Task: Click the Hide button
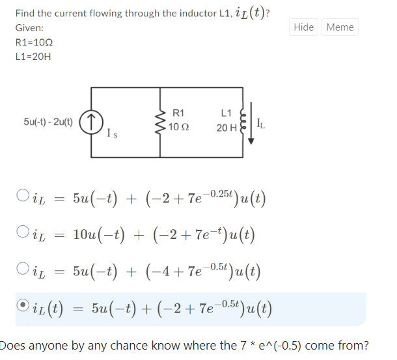click(303, 27)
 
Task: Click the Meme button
click(340, 27)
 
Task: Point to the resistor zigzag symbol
click(160, 122)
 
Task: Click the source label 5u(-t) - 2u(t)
click(48, 122)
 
